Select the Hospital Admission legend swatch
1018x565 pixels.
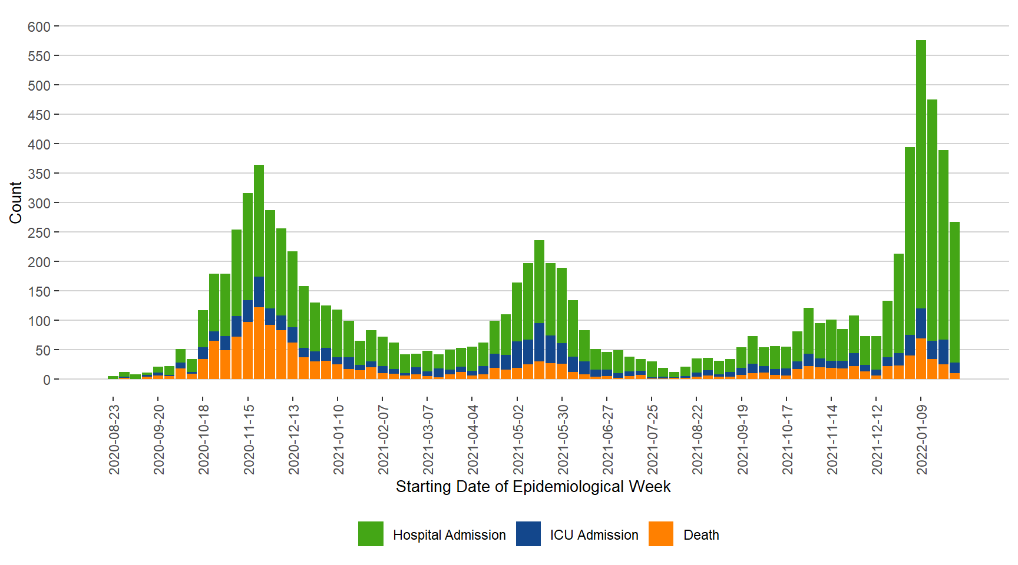pos(371,534)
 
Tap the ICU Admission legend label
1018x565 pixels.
pos(594,535)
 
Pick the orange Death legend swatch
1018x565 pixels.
pos(660,534)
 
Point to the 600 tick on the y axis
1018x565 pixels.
pos(39,26)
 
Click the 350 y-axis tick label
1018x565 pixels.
pos(39,174)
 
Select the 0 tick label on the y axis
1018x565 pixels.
pos(47,380)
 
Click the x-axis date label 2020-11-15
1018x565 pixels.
pos(249,439)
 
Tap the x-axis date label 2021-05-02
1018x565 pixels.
pos(518,439)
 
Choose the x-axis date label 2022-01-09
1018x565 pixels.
pos(921,439)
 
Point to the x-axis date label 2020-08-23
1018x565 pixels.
pos(114,439)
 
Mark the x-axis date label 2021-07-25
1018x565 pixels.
pos(652,439)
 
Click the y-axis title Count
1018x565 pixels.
pos(16,202)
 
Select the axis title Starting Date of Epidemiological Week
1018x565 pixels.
pos(533,487)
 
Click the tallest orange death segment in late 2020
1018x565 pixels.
pos(259,343)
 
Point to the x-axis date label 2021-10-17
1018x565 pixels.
pos(787,439)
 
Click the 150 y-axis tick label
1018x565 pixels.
pos(39,291)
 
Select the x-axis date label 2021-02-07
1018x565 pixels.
pos(383,439)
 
